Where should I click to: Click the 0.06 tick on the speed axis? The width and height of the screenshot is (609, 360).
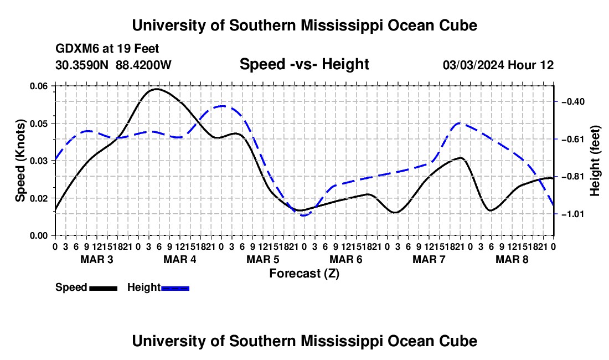[38, 86]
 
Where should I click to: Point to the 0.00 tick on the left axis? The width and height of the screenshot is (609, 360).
[38, 236]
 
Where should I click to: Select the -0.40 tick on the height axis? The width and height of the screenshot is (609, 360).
[573, 102]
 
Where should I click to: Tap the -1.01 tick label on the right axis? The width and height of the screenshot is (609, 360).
[573, 214]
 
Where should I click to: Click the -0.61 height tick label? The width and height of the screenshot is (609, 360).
[573, 139]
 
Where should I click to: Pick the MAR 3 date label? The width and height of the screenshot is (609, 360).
[97, 259]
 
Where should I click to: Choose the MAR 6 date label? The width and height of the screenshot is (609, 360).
[345, 259]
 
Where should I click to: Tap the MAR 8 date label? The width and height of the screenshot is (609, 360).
[512, 259]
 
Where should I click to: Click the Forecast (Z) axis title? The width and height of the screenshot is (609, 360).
[304, 274]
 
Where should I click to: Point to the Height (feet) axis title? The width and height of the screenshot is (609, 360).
[595, 161]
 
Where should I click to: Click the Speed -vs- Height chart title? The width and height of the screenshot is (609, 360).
[304, 64]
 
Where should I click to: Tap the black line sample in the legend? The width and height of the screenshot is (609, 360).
[104, 288]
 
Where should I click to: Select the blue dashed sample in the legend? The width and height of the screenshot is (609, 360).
[175, 288]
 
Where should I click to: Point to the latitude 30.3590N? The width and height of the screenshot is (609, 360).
[82, 65]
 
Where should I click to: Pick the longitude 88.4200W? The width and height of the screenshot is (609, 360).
[143, 65]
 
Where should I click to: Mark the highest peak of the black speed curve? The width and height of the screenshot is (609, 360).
[156, 89]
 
